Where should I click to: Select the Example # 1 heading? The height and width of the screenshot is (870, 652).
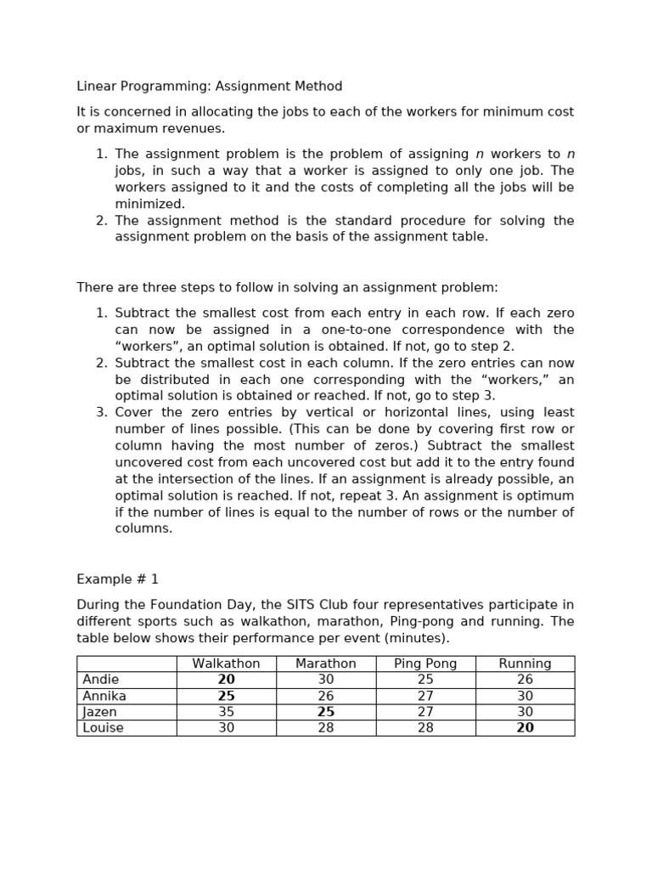[117, 579]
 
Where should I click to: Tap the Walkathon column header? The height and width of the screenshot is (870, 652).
[226, 664]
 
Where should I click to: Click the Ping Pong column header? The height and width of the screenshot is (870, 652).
[425, 664]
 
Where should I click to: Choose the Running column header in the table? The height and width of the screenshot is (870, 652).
[525, 664]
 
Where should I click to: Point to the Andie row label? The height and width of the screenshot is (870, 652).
[101, 680]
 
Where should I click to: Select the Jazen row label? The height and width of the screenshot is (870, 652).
[100, 712]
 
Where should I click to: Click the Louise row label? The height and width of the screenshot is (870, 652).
[103, 728]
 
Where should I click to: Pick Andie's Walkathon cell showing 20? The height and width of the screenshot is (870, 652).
[226, 680]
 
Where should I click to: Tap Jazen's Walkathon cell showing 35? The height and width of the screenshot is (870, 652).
[226, 712]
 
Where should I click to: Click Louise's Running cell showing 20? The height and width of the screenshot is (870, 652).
[525, 728]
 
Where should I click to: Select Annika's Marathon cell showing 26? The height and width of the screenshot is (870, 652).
[326, 696]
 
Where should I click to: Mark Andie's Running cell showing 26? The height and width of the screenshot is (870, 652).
[525, 680]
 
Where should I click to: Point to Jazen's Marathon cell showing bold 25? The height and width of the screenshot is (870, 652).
[326, 712]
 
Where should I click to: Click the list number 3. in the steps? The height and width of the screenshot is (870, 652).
[101, 412]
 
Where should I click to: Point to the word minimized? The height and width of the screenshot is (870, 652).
[149, 204]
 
